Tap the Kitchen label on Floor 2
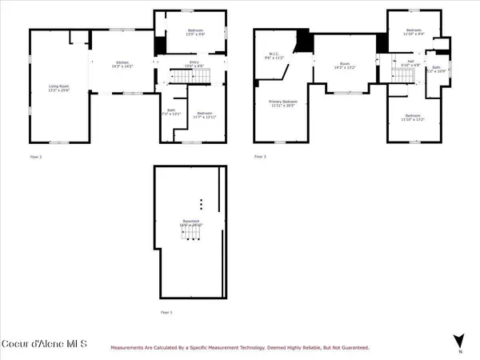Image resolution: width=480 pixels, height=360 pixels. click(122, 64)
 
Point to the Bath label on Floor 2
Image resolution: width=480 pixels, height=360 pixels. click(171, 113)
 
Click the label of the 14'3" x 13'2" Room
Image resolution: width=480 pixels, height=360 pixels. click(345, 67)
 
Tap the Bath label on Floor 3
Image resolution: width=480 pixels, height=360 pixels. click(437, 70)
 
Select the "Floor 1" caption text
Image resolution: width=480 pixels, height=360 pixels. click(166, 312)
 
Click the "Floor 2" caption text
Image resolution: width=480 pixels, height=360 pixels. click(36, 157)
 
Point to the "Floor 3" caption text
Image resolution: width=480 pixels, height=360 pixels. click(260, 157)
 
